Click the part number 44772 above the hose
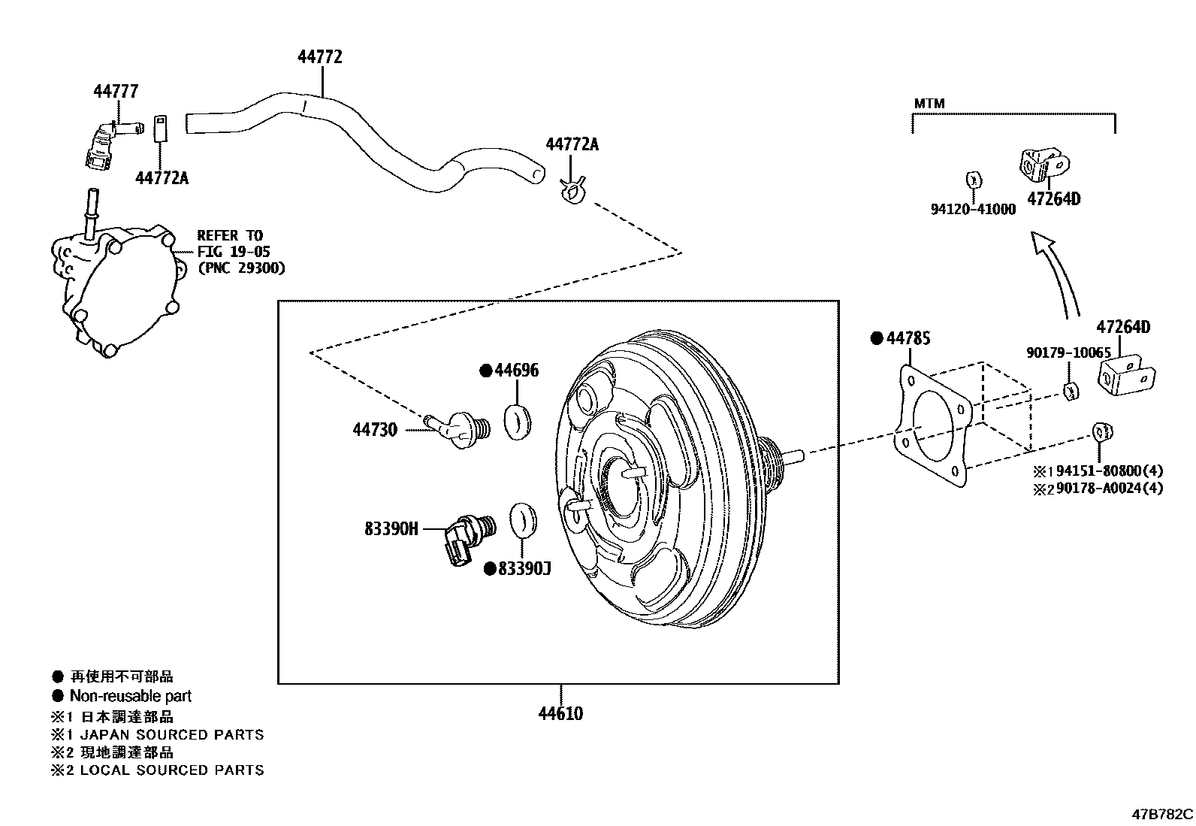point(320,57)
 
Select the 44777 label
point(116,92)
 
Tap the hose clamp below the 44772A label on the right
point(573,192)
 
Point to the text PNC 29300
point(242,268)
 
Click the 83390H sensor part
point(467,536)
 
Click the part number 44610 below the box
point(560,713)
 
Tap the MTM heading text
point(929,104)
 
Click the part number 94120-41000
point(973,210)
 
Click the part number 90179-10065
point(1068,352)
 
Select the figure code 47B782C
point(1162,814)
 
